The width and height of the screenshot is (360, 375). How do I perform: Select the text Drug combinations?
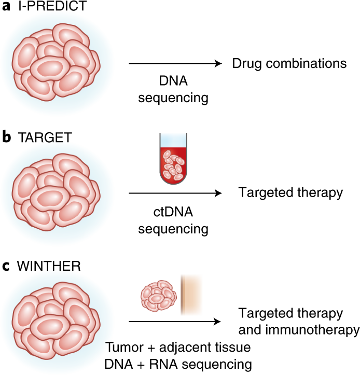(x=289, y=63)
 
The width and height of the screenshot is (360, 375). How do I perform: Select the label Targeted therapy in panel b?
(x=290, y=193)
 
